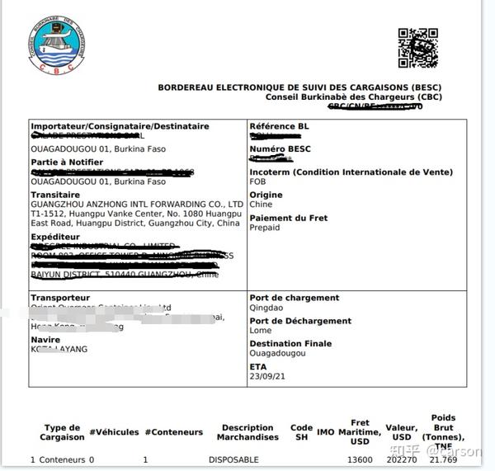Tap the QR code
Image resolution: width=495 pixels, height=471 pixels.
point(417,48)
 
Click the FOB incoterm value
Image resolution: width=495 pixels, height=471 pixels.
point(258,183)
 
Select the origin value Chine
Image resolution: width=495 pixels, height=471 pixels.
point(261,205)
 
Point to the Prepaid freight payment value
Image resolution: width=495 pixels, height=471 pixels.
point(266,228)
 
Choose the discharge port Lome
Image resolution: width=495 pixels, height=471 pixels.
point(260,332)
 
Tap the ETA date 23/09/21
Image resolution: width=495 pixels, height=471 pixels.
point(266,376)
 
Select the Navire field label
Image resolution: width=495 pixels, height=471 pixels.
point(45,339)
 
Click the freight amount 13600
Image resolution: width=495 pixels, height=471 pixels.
point(360,459)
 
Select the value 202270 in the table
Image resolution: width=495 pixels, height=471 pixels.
point(402,459)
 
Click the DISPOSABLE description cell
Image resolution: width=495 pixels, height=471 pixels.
point(233,459)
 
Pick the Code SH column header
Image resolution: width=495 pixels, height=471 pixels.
point(301,432)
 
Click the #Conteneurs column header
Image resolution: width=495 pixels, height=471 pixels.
point(173,431)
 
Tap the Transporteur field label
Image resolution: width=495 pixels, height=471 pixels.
point(60,298)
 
